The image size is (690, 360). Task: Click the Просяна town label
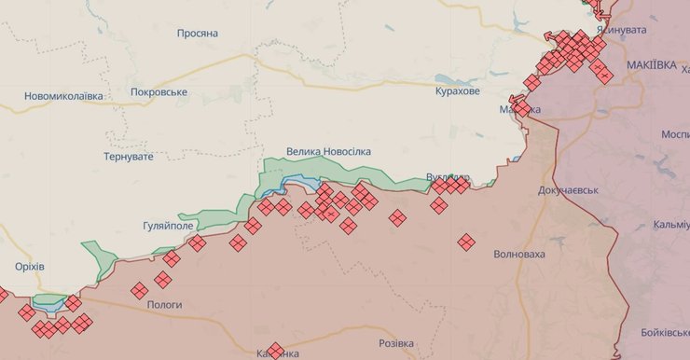197,34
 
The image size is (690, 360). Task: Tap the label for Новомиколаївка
63,96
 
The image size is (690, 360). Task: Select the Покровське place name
159,92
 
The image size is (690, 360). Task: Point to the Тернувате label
129,157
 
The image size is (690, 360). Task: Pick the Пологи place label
164,305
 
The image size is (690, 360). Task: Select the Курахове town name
458,91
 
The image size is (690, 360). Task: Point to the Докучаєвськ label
568,190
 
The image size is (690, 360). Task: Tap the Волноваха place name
519,254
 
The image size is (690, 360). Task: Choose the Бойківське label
665,333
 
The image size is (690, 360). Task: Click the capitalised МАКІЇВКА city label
652,65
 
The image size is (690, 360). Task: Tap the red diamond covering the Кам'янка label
275,352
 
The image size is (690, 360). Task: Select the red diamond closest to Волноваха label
466,242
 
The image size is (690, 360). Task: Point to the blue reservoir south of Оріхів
48,302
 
